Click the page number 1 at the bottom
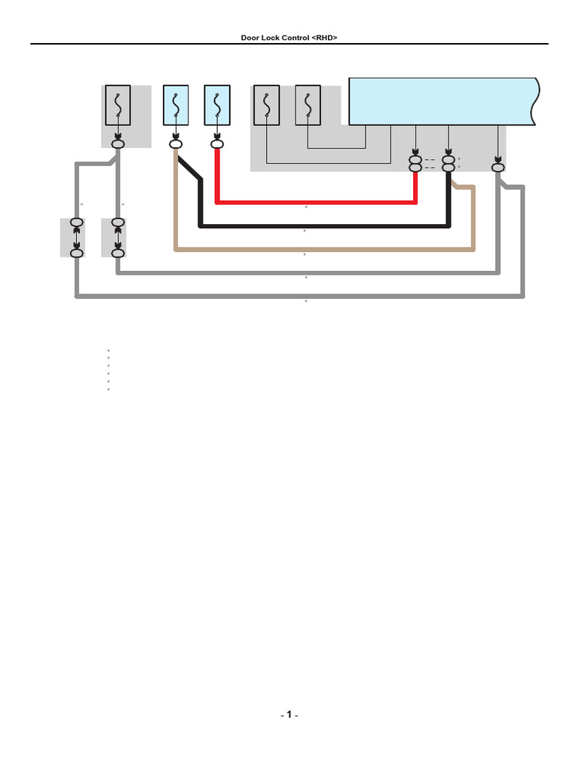(x=289, y=714)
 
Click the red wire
(x=317, y=202)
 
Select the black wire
(x=324, y=225)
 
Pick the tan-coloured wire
(x=324, y=248)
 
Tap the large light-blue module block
(x=441, y=100)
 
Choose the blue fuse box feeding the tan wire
(x=176, y=105)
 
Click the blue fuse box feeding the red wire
(x=217, y=105)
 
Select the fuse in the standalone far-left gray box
(x=118, y=105)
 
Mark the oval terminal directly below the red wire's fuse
(x=217, y=143)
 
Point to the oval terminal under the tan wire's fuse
(x=176, y=143)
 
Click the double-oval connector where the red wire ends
(x=415, y=164)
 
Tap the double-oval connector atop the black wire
(x=449, y=164)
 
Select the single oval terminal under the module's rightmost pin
(x=498, y=167)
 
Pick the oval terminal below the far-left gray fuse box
(x=118, y=143)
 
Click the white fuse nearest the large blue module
(x=308, y=105)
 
